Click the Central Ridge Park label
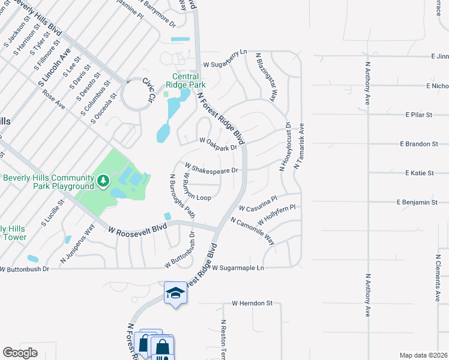(x=189, y=80)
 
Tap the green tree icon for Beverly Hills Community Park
(x=103, y=179)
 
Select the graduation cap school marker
(x=175, y=293)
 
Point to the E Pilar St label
(x=419, y=114)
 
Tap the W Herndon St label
(x=252, y=304)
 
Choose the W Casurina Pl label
(x=258, y=204)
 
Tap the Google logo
(x=20, y=352)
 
